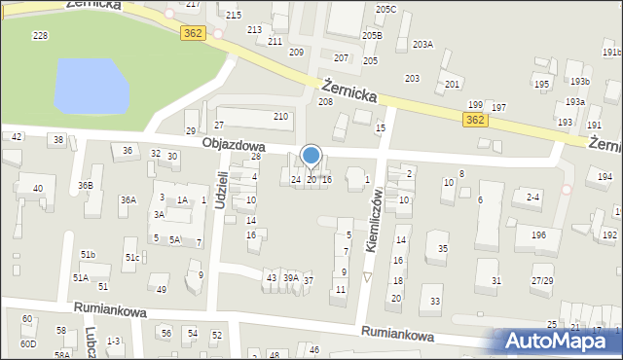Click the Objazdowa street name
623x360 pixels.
pos(234,143)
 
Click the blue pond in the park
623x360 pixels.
pos(92,85)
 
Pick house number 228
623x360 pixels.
pos(40,35)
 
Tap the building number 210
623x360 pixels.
pos(280,117)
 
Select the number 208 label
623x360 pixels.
pos(325,101)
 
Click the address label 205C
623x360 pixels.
pos(386,9)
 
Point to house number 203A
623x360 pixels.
pos(422,44)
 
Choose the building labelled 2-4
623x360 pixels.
pos(532,198)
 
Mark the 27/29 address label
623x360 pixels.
pos(541,280)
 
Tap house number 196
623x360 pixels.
pos(538,235)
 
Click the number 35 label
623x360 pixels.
pos(442,249)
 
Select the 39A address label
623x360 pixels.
pos(290,278)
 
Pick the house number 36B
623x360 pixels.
pos(86,185)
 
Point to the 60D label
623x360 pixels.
pos(29,343)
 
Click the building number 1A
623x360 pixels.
pos(181,200)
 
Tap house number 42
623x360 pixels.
pos(17,137)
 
